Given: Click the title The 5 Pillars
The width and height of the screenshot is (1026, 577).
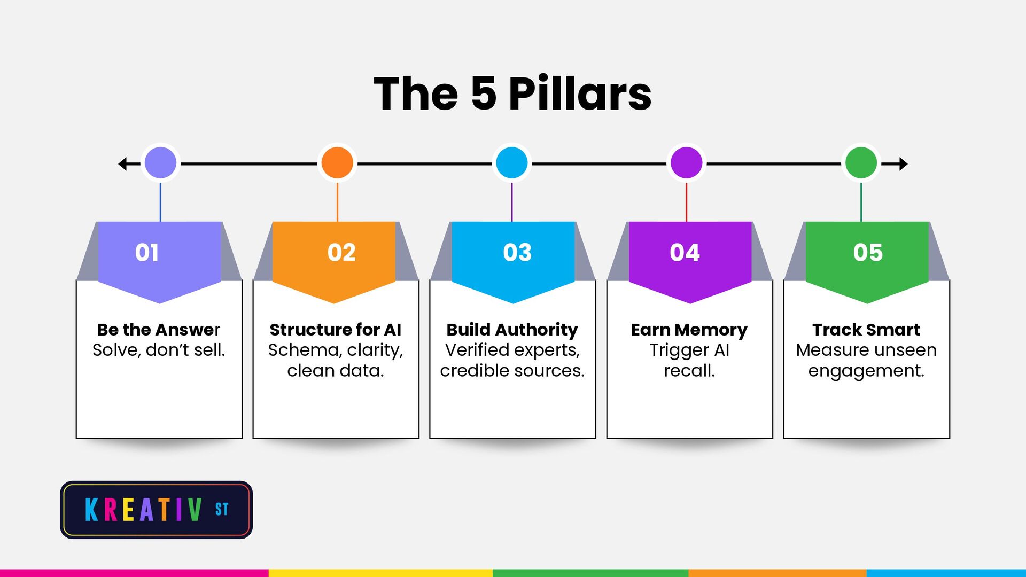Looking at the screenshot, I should pos(512,94).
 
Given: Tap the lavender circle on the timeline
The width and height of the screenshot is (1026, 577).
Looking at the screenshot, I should pos(160,163).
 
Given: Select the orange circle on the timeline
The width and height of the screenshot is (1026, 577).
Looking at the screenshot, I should pos(337,163).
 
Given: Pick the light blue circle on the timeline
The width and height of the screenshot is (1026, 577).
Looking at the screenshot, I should pos(512,163).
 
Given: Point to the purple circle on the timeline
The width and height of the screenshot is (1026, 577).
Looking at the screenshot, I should pos(686,163).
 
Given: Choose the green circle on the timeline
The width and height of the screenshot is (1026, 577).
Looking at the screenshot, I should pos(861,163).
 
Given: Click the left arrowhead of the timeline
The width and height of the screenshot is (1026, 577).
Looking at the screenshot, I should pos(122,163).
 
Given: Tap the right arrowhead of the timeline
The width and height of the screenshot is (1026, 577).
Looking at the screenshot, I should pos(903,163).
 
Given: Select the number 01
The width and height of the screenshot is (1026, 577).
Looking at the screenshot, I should pos(147,253).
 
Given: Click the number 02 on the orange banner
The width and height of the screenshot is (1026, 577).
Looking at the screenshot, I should pos(341,253).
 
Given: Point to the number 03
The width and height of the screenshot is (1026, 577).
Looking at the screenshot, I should pos(517,253).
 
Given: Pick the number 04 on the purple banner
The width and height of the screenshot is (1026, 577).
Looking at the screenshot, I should pos(685,253).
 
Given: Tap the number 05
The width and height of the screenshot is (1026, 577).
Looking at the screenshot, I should pos(868,253).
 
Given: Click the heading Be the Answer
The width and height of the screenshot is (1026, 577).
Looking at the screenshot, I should pos(159,330).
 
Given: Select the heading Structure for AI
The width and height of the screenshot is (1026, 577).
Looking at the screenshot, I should pos(336,330).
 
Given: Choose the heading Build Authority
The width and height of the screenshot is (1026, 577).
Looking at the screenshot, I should pos(512,330).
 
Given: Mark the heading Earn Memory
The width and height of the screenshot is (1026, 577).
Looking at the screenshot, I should pos(689,330).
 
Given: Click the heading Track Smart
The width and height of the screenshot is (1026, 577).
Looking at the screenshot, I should pos(866,330).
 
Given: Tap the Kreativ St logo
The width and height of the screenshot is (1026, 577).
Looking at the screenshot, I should pos(156,510).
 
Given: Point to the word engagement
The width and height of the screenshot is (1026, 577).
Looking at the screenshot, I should pos(866,371).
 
